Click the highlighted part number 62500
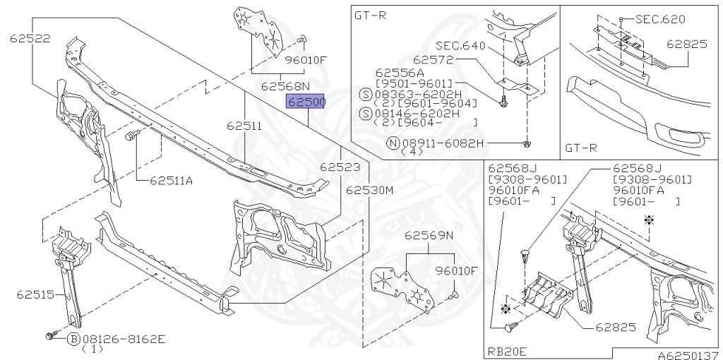305,102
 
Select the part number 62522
30,38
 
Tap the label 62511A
171,180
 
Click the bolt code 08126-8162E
124,339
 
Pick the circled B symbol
73,339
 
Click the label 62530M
369,190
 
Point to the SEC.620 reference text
659,19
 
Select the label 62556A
400,72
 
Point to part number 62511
244,127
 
